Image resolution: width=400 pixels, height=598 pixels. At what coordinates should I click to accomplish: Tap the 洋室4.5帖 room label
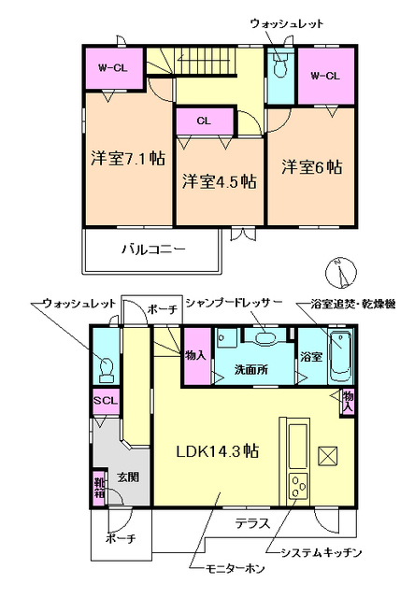point(220,181)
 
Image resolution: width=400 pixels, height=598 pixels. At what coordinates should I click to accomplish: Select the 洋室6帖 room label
point(312,167)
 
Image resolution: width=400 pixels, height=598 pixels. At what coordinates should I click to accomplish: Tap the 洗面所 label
point(250,370)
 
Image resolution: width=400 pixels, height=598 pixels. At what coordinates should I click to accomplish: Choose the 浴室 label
point(310,357)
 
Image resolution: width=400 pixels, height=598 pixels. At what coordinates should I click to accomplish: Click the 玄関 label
point(127,477)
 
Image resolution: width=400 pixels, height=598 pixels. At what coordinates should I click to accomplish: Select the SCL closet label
point(103,401)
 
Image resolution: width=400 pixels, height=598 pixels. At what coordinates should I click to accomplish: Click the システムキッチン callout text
point(314,552)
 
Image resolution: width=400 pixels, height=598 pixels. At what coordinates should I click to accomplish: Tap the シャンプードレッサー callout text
point(233,303)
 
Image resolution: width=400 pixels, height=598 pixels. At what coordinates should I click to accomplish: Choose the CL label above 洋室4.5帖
point(203,120)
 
